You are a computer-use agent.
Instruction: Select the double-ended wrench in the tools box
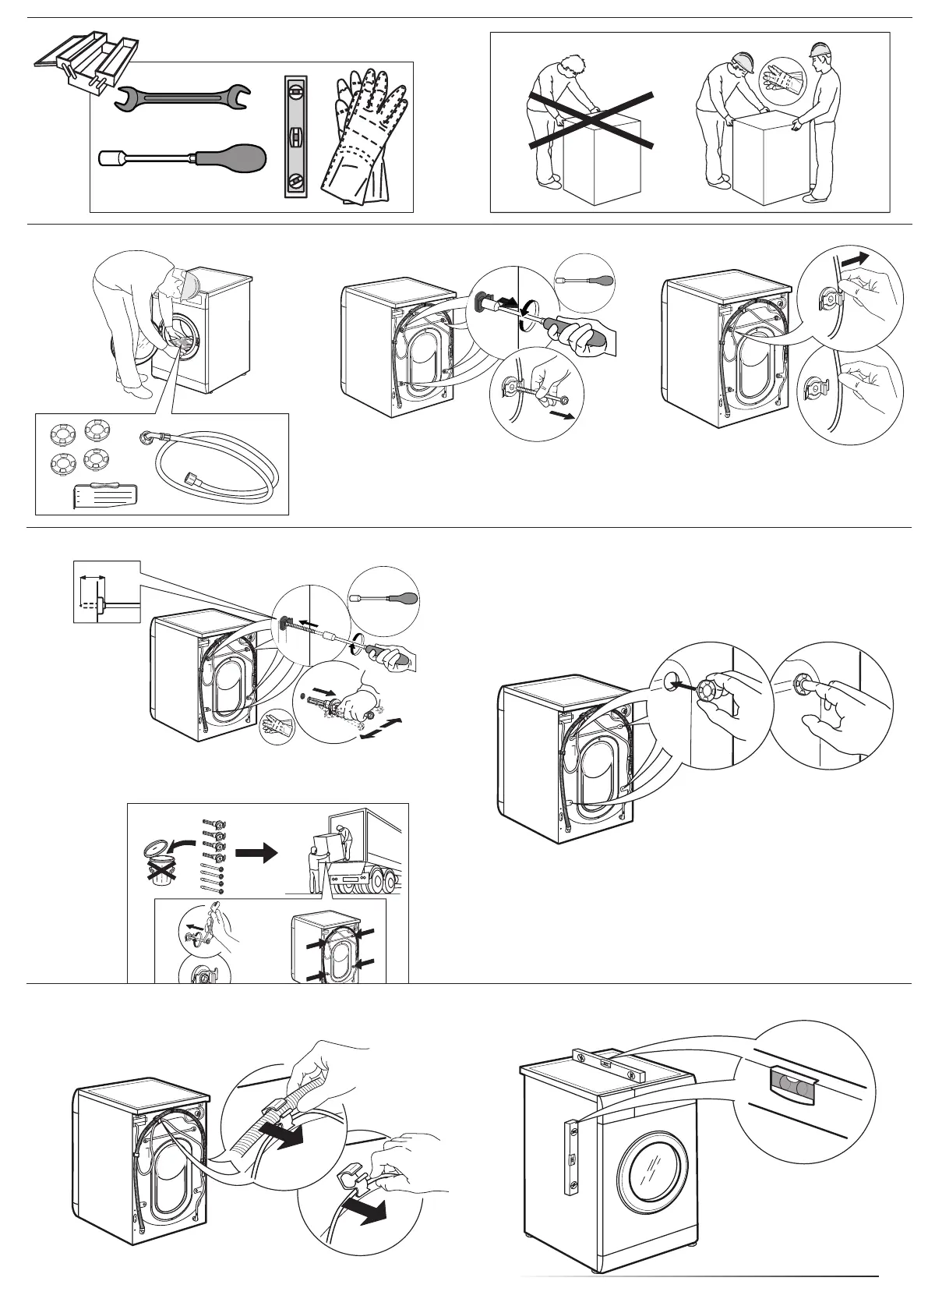(184, 97)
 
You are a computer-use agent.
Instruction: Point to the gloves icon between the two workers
(779, 76)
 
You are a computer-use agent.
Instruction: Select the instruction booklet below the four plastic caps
(106, 495)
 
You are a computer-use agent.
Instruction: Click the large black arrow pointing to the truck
(256, 853)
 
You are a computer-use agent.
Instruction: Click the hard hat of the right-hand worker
(819, 50)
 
